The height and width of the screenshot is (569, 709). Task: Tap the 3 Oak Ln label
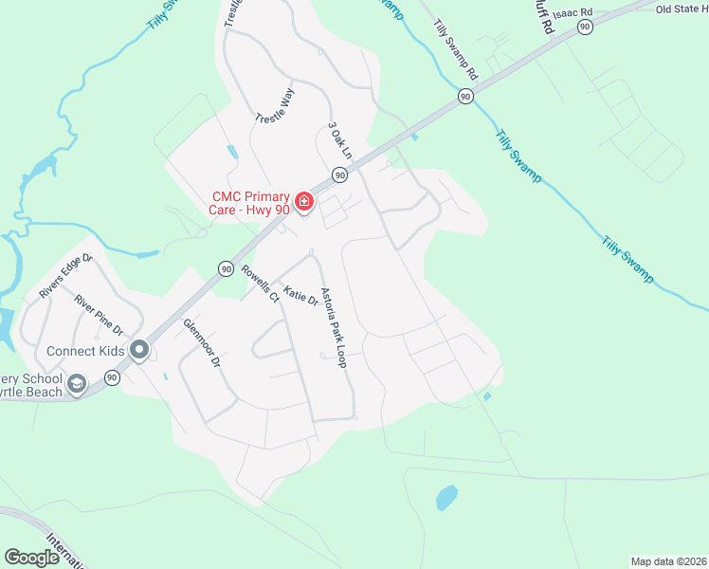point(339,139)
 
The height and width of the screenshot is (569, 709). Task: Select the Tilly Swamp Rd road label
point(456,48)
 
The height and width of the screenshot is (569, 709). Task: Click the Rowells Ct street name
point(260,284)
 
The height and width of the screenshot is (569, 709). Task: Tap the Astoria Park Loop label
point(334,327)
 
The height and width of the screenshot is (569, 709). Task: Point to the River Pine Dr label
point(100,315)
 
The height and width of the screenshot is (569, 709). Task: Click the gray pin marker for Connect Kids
point(139,351)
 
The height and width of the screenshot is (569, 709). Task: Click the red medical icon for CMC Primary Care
point(303,201)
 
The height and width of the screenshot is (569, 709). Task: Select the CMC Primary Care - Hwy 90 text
point(249,203)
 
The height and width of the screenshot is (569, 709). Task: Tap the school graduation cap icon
point(77,384)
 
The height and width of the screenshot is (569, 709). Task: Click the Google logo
point(32,558)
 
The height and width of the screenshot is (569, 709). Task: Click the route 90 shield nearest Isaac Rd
point(585,28)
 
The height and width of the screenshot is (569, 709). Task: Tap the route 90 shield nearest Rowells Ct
point(226,269)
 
